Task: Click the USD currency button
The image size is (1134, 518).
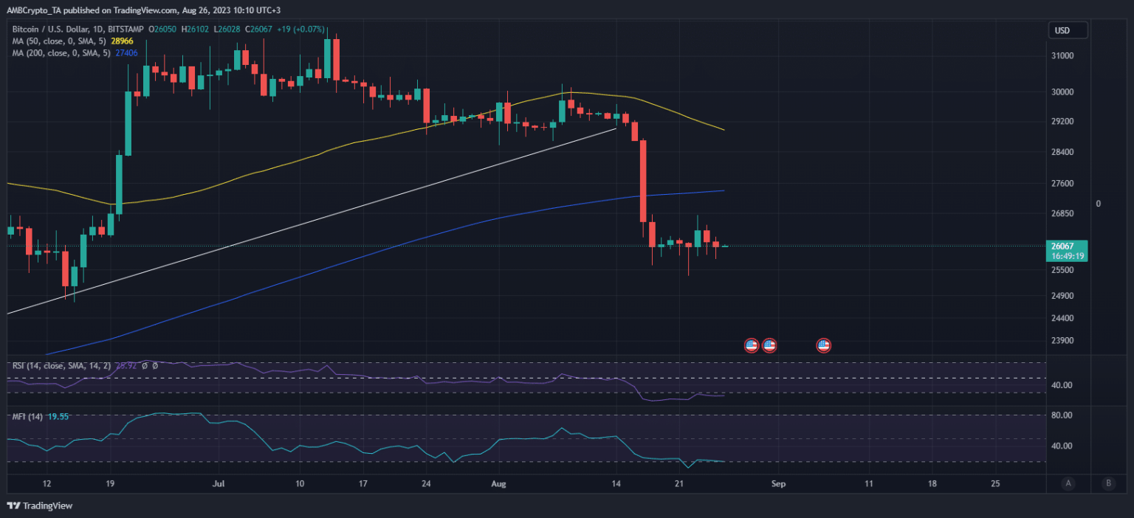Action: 1068,30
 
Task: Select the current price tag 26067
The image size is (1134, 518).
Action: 1062,246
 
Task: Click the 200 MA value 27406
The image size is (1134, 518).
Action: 128,53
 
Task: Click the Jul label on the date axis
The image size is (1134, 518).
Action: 218,484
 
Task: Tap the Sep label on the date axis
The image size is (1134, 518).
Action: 776,484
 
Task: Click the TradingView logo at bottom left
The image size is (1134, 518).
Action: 40,506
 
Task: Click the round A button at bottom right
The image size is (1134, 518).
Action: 1068,484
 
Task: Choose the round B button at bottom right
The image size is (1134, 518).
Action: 1108,484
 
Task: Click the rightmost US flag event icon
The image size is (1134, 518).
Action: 823,345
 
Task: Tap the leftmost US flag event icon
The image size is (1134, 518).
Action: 751,345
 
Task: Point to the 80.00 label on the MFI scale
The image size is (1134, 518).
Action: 1061,415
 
